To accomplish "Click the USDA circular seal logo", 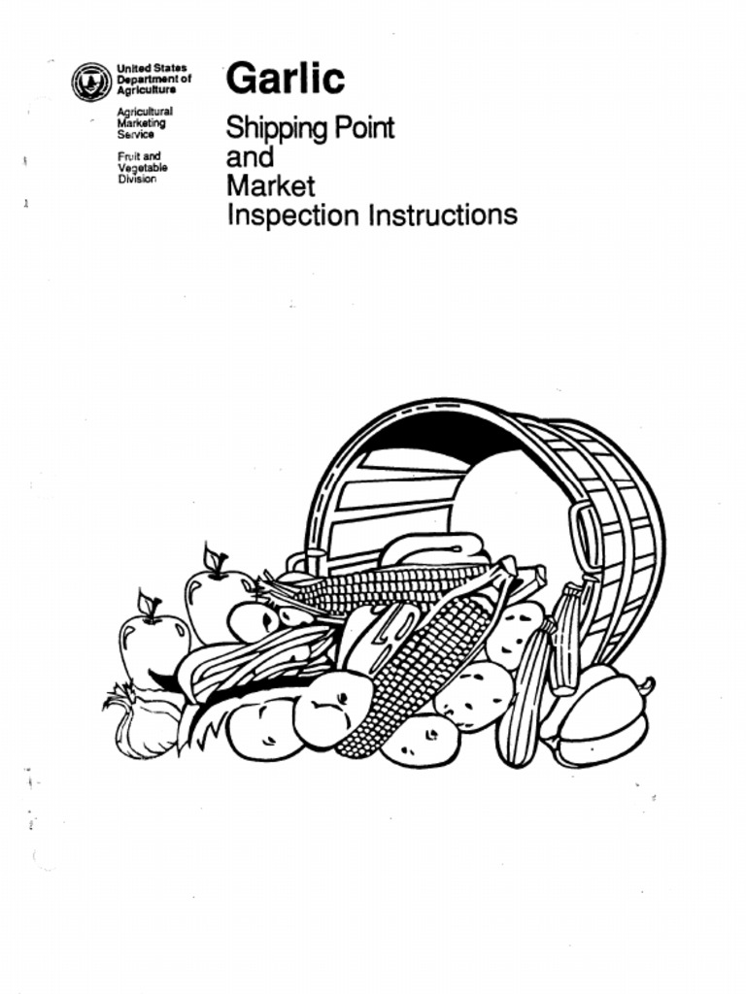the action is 91,82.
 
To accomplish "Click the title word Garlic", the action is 285,79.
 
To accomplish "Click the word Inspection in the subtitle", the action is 292,215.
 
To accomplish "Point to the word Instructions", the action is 442,215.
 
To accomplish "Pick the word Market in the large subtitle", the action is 270,185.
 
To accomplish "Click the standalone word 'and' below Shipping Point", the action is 250,157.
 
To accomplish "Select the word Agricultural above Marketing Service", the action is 144,113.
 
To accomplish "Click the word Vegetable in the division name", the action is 142,168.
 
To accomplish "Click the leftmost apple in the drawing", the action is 153,648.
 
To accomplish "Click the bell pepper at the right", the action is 600,718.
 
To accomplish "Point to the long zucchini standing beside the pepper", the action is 524,699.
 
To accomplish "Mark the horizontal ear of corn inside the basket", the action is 389,584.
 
